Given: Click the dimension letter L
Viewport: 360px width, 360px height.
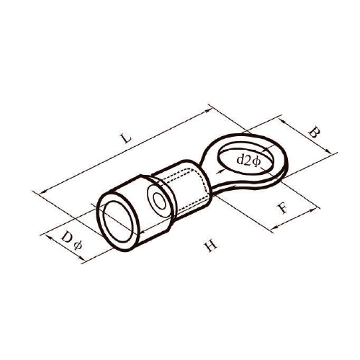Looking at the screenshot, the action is [x=126, y=138].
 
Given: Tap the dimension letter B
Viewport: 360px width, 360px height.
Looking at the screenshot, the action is [x=314, y=132].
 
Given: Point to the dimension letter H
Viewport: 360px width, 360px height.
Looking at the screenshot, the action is [x=210, y=245].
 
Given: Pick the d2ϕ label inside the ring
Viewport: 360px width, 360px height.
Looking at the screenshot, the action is [x=248, y=161].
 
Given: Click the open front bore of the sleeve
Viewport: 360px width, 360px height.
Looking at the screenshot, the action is [x=118, y=222].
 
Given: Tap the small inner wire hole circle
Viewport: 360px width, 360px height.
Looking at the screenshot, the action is [x=159, y=200].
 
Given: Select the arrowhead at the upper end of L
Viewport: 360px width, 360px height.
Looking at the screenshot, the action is [x=209, y=110].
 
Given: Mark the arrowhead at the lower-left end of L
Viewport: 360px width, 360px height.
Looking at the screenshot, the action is [x=42, y=192].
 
